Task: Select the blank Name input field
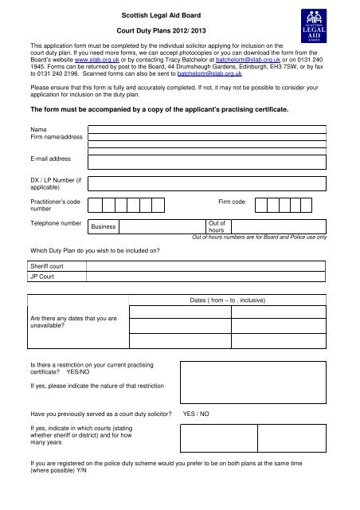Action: tap(207, 128)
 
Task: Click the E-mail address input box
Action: tap(207, 161)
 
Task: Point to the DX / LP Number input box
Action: tap(207, 186)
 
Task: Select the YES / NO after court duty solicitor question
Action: tap(196, 414)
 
